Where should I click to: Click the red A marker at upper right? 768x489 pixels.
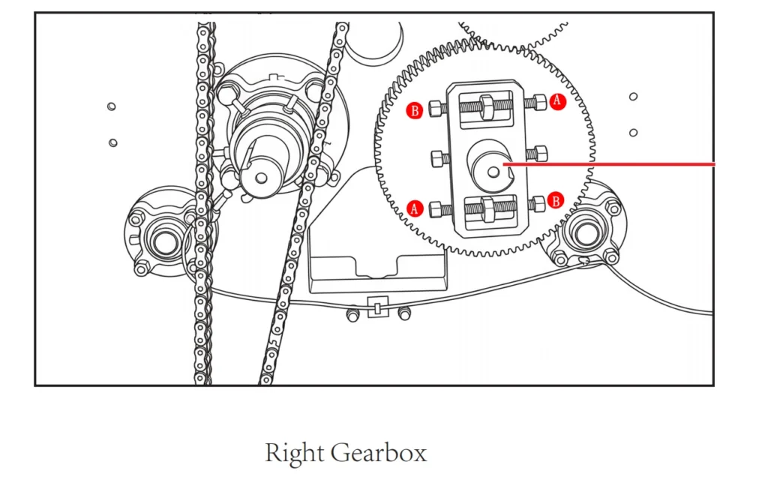[557, 101]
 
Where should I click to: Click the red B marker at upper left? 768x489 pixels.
[415, 111]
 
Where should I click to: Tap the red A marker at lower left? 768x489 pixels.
[415, 208]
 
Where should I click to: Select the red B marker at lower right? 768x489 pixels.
[556, 200]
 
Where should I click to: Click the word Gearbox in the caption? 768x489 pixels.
[379, 453]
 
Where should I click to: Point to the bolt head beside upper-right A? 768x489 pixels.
[540, 103]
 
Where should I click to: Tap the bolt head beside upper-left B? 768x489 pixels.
[435, 108]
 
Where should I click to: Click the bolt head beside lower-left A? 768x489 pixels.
[435, 210]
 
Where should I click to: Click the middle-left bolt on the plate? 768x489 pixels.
[437, 159]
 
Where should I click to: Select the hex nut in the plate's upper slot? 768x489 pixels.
[487, 106]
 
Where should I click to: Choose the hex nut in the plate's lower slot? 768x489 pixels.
[487, 209]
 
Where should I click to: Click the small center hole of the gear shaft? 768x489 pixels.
[493, 172]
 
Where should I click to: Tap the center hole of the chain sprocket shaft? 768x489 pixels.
[262, 178]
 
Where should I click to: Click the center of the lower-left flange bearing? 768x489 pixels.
[164, 241]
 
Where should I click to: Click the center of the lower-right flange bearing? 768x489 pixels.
[586, 233]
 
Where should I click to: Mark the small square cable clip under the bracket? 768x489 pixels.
[377, 307]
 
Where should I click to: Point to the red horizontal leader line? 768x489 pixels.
[609, 164]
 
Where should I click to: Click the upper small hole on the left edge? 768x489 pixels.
[111, 106]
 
